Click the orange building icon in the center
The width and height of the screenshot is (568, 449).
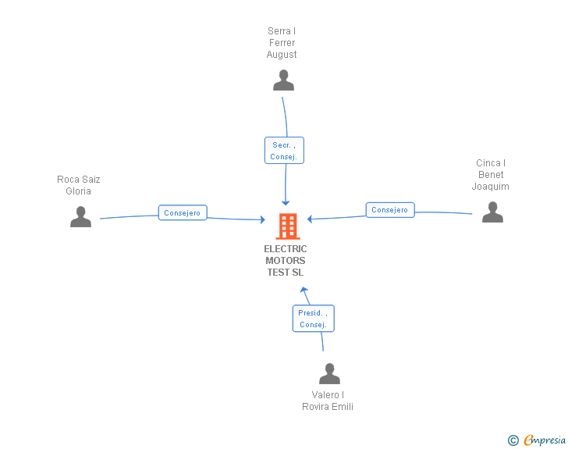click(287, 226)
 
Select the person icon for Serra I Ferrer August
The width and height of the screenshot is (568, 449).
click(283, 80)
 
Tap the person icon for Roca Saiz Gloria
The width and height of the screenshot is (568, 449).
click(80, 217)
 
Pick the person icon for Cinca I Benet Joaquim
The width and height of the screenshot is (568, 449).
click(492, 212)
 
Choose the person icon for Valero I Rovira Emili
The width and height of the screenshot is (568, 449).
click(329, 374)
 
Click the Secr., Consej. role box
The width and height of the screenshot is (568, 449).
click(283, 151)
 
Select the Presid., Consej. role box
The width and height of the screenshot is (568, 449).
click(313, 319)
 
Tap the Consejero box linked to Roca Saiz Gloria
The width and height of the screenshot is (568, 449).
click(183, 212)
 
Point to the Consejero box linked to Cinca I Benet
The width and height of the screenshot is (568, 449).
click(390, 210)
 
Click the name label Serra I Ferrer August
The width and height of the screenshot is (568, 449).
click(282, 43)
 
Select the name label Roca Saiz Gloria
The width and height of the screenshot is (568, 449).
click(79, 185)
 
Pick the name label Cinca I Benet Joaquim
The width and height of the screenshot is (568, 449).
click(491, 175)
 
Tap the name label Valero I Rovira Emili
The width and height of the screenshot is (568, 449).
click(328, 401)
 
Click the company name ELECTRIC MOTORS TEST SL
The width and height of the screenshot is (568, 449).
click(286, 261)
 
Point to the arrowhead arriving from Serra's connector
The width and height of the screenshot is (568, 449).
click(286, 201)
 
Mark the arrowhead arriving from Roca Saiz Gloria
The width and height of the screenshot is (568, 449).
click(262, 220)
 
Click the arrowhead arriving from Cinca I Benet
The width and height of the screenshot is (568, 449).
click(311, 219)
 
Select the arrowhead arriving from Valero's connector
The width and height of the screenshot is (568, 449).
click(305, 290)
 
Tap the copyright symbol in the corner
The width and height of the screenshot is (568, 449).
click(513, 440)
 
